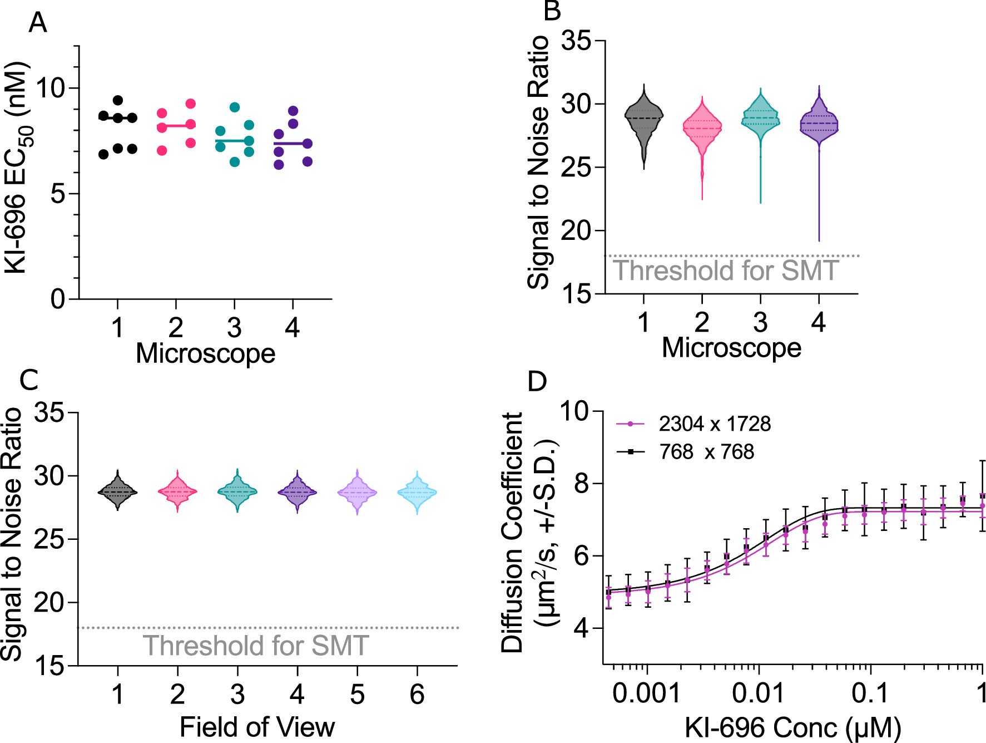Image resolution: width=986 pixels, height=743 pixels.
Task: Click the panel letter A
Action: click(x=37, y=23)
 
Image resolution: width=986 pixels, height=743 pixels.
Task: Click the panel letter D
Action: click(x=537, y=382)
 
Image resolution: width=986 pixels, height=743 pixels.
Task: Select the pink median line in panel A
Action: click(x=176, y=126)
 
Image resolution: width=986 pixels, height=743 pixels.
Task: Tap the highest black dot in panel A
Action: click(x=118, y=100)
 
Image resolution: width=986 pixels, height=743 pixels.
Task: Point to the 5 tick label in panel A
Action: click(x=58, y=194)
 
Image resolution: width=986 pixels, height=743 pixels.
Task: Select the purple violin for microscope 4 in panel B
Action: click(x=819, y=125)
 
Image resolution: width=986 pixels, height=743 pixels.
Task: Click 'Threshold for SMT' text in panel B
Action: click(x=725, y=271)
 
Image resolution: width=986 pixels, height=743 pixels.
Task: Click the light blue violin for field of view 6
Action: click(x=417, y=493)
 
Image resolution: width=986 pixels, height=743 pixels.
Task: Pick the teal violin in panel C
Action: click(x=237, y=491)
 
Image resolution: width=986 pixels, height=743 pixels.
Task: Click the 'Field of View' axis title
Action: click(x=257, y=727)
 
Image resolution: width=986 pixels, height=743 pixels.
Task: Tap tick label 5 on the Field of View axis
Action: click(x=357, y=695)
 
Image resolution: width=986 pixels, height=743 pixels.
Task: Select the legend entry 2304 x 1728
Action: click(x=715, y=424)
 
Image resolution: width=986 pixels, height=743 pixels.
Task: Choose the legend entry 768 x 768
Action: click(x=706, y=451)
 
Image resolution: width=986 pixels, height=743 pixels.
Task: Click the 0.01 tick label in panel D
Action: click(x=758, y=693)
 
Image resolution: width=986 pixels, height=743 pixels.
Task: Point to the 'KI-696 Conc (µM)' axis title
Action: click(x=792, y=727)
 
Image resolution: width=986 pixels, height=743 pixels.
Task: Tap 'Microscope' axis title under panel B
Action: click(x=731, y=348)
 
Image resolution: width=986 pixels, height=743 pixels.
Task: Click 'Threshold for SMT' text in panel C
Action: click(x=256, y=646)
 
